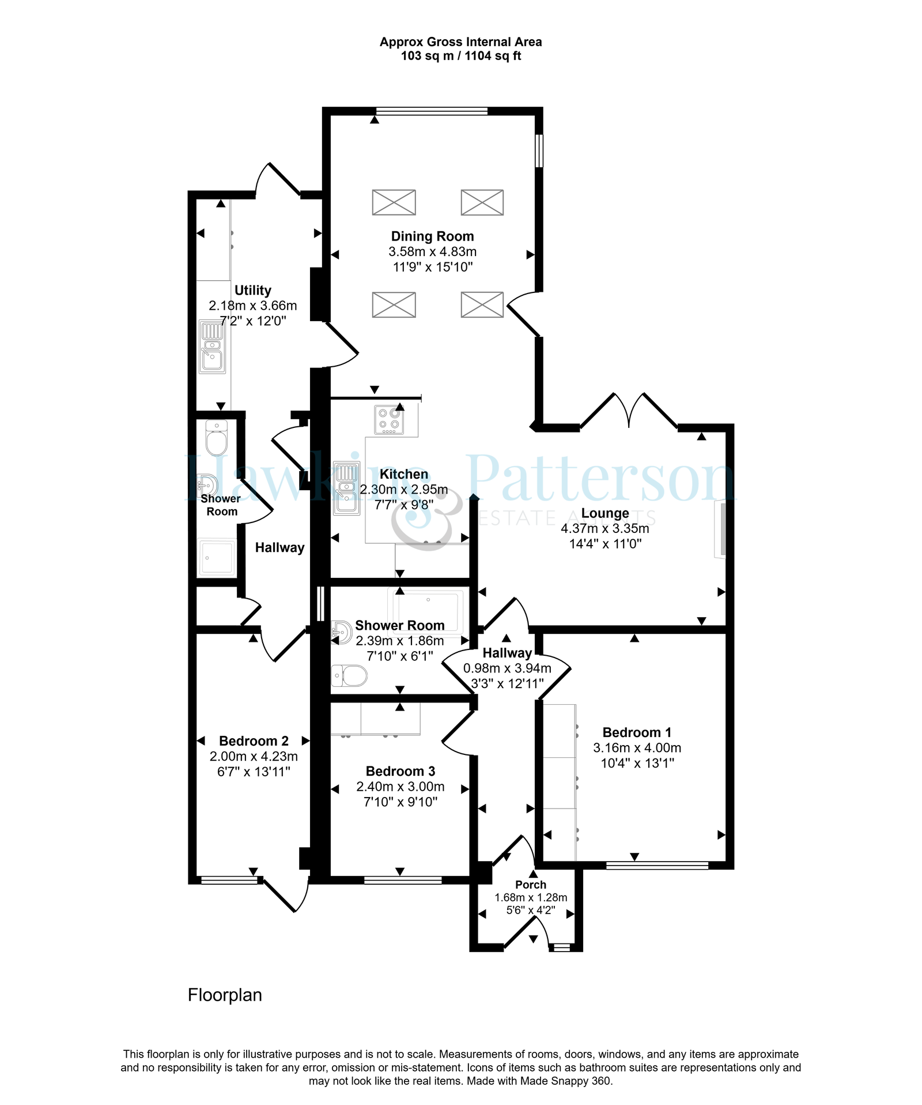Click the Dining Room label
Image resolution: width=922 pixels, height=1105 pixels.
[x=432, y=236]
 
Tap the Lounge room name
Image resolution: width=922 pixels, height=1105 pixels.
[x=605, y=513]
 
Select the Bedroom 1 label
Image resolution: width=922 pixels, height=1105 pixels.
[x=637, y=732]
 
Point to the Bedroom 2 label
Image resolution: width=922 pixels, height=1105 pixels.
[x=254, y=741]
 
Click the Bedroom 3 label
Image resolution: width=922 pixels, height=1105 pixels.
[x=400, y=772]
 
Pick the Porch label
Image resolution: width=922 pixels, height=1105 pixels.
[x=531, y=885]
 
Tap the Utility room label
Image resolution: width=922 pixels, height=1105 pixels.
[x=253, y=291]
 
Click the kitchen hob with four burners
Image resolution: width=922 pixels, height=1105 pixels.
[x=389, y=419]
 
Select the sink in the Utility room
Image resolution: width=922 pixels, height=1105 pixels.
[x=212, y=346]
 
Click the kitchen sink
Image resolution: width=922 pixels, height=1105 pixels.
[x=346, y=488]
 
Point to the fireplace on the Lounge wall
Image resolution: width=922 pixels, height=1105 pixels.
[x=720, y=529]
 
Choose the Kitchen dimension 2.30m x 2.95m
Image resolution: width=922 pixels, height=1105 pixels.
[x=404, y=490]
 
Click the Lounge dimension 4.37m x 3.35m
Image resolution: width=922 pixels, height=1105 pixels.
[x=605, y=528]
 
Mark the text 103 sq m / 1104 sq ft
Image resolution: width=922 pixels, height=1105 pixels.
[x=461, y=56]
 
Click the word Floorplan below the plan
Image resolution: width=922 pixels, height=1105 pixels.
[x=225, y=995]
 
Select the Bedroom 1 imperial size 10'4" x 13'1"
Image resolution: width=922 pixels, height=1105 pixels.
[x=637, y=763]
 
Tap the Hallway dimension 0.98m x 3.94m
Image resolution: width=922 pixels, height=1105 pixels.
[x=507, y=668]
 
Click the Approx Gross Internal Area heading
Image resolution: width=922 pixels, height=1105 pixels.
[x=461, y=42]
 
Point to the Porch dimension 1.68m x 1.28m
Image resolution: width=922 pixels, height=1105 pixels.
[x=531, y=897]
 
